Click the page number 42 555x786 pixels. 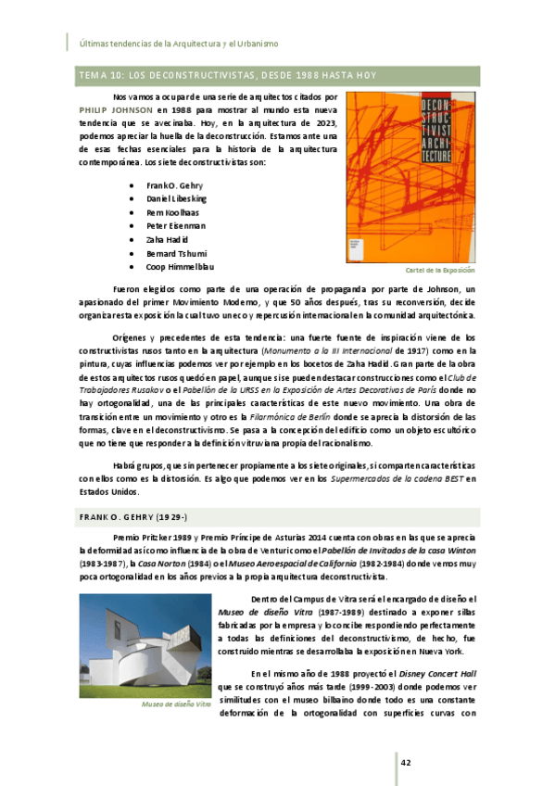tap(406, 762)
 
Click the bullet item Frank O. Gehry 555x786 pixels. tap(173, 184)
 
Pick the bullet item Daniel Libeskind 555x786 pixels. tap(176, 198)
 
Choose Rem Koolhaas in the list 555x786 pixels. tap(172, 212)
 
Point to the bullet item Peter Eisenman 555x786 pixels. tap(175, 225)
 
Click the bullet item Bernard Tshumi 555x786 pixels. tap(176, 253)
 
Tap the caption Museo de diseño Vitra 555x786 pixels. tap(175, 704)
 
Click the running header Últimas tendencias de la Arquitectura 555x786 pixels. tap(185, 44)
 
